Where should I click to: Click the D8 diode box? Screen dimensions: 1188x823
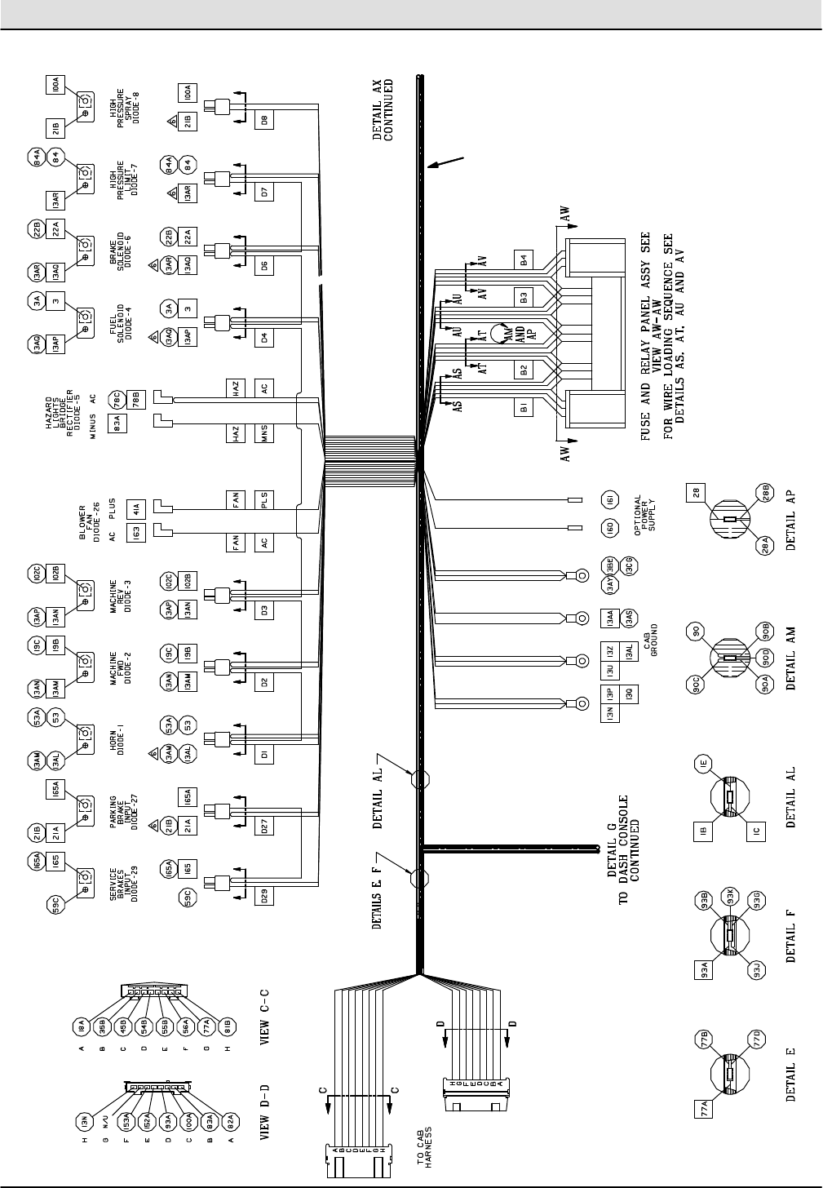point(264,120)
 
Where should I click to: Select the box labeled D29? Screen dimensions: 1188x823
point(264,895)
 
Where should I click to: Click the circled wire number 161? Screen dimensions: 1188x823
point(610,499)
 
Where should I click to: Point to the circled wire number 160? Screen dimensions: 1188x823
point(610,527)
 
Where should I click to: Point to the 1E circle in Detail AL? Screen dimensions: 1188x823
point(706,765)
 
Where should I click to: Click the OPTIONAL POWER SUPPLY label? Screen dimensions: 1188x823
point(649,513)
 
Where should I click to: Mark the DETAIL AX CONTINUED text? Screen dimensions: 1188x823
point(383,110)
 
